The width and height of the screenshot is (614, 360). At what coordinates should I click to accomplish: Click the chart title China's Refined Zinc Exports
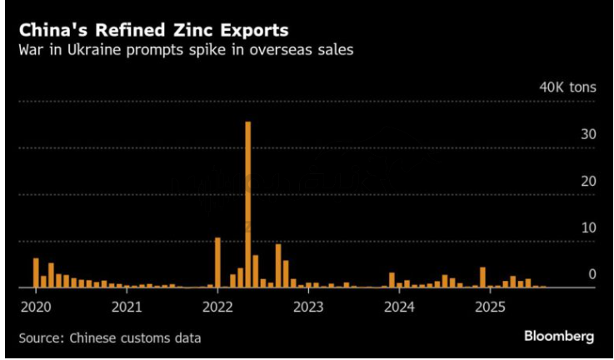[x=154, y=30]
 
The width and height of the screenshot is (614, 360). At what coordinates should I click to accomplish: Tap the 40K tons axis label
[x=567, y=87]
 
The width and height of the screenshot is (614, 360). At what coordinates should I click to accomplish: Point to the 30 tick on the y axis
[x=588, y=134]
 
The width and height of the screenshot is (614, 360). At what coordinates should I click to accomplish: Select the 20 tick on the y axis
[x=588, y=181]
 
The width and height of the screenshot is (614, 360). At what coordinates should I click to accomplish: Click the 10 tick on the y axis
[x=588, y=227]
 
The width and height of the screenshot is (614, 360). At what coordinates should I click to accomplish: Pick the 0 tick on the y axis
[x=592, y=274]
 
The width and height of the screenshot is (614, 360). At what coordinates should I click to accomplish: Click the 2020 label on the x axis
[x=34, y=307]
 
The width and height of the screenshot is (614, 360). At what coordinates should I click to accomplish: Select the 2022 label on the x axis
[x=217, y=307]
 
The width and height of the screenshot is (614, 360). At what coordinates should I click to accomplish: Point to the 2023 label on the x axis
[x=308, y=307]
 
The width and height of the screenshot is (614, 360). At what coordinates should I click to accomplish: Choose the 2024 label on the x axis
[x=400, y=307]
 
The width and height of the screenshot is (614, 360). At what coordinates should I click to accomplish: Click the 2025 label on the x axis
[x=491, y=307]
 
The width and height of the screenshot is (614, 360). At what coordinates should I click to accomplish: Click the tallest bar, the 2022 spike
[x=247, y=204]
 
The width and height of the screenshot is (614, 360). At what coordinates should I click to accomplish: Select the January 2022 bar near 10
[x=217, y=262]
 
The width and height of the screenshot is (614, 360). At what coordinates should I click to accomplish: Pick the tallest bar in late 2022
[x=278, y=266]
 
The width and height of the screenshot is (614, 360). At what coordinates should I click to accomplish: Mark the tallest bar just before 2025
[x=482, y=277]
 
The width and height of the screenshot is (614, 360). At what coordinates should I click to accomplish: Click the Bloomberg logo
[x=558, y=336]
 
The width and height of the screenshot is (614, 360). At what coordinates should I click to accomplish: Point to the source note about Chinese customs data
[x=109, y=338]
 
